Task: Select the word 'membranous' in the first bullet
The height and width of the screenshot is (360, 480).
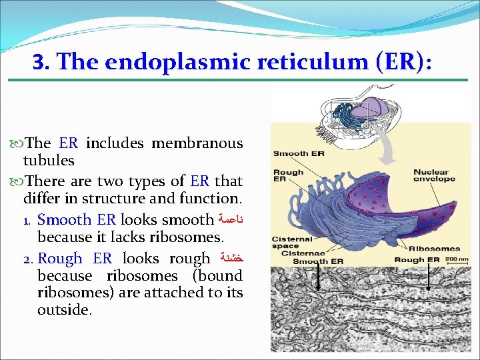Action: pyautogui.click(x=197, y=143)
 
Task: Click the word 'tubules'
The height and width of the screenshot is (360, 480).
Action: pyautogui.click(x=49, y=161)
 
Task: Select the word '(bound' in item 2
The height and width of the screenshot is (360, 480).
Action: pyautogui.click(x=217, y=276)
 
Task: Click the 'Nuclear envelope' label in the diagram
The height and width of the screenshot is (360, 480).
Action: pyautogui.click(x=434, y=175)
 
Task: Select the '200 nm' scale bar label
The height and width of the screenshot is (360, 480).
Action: pyautogui.click(x=456, y=259)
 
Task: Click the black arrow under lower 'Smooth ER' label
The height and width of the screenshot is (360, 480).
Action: pyautogui.click(x=319, y=277)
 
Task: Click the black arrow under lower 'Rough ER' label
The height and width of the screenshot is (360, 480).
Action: pyautogui.click(x=427, y=276)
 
